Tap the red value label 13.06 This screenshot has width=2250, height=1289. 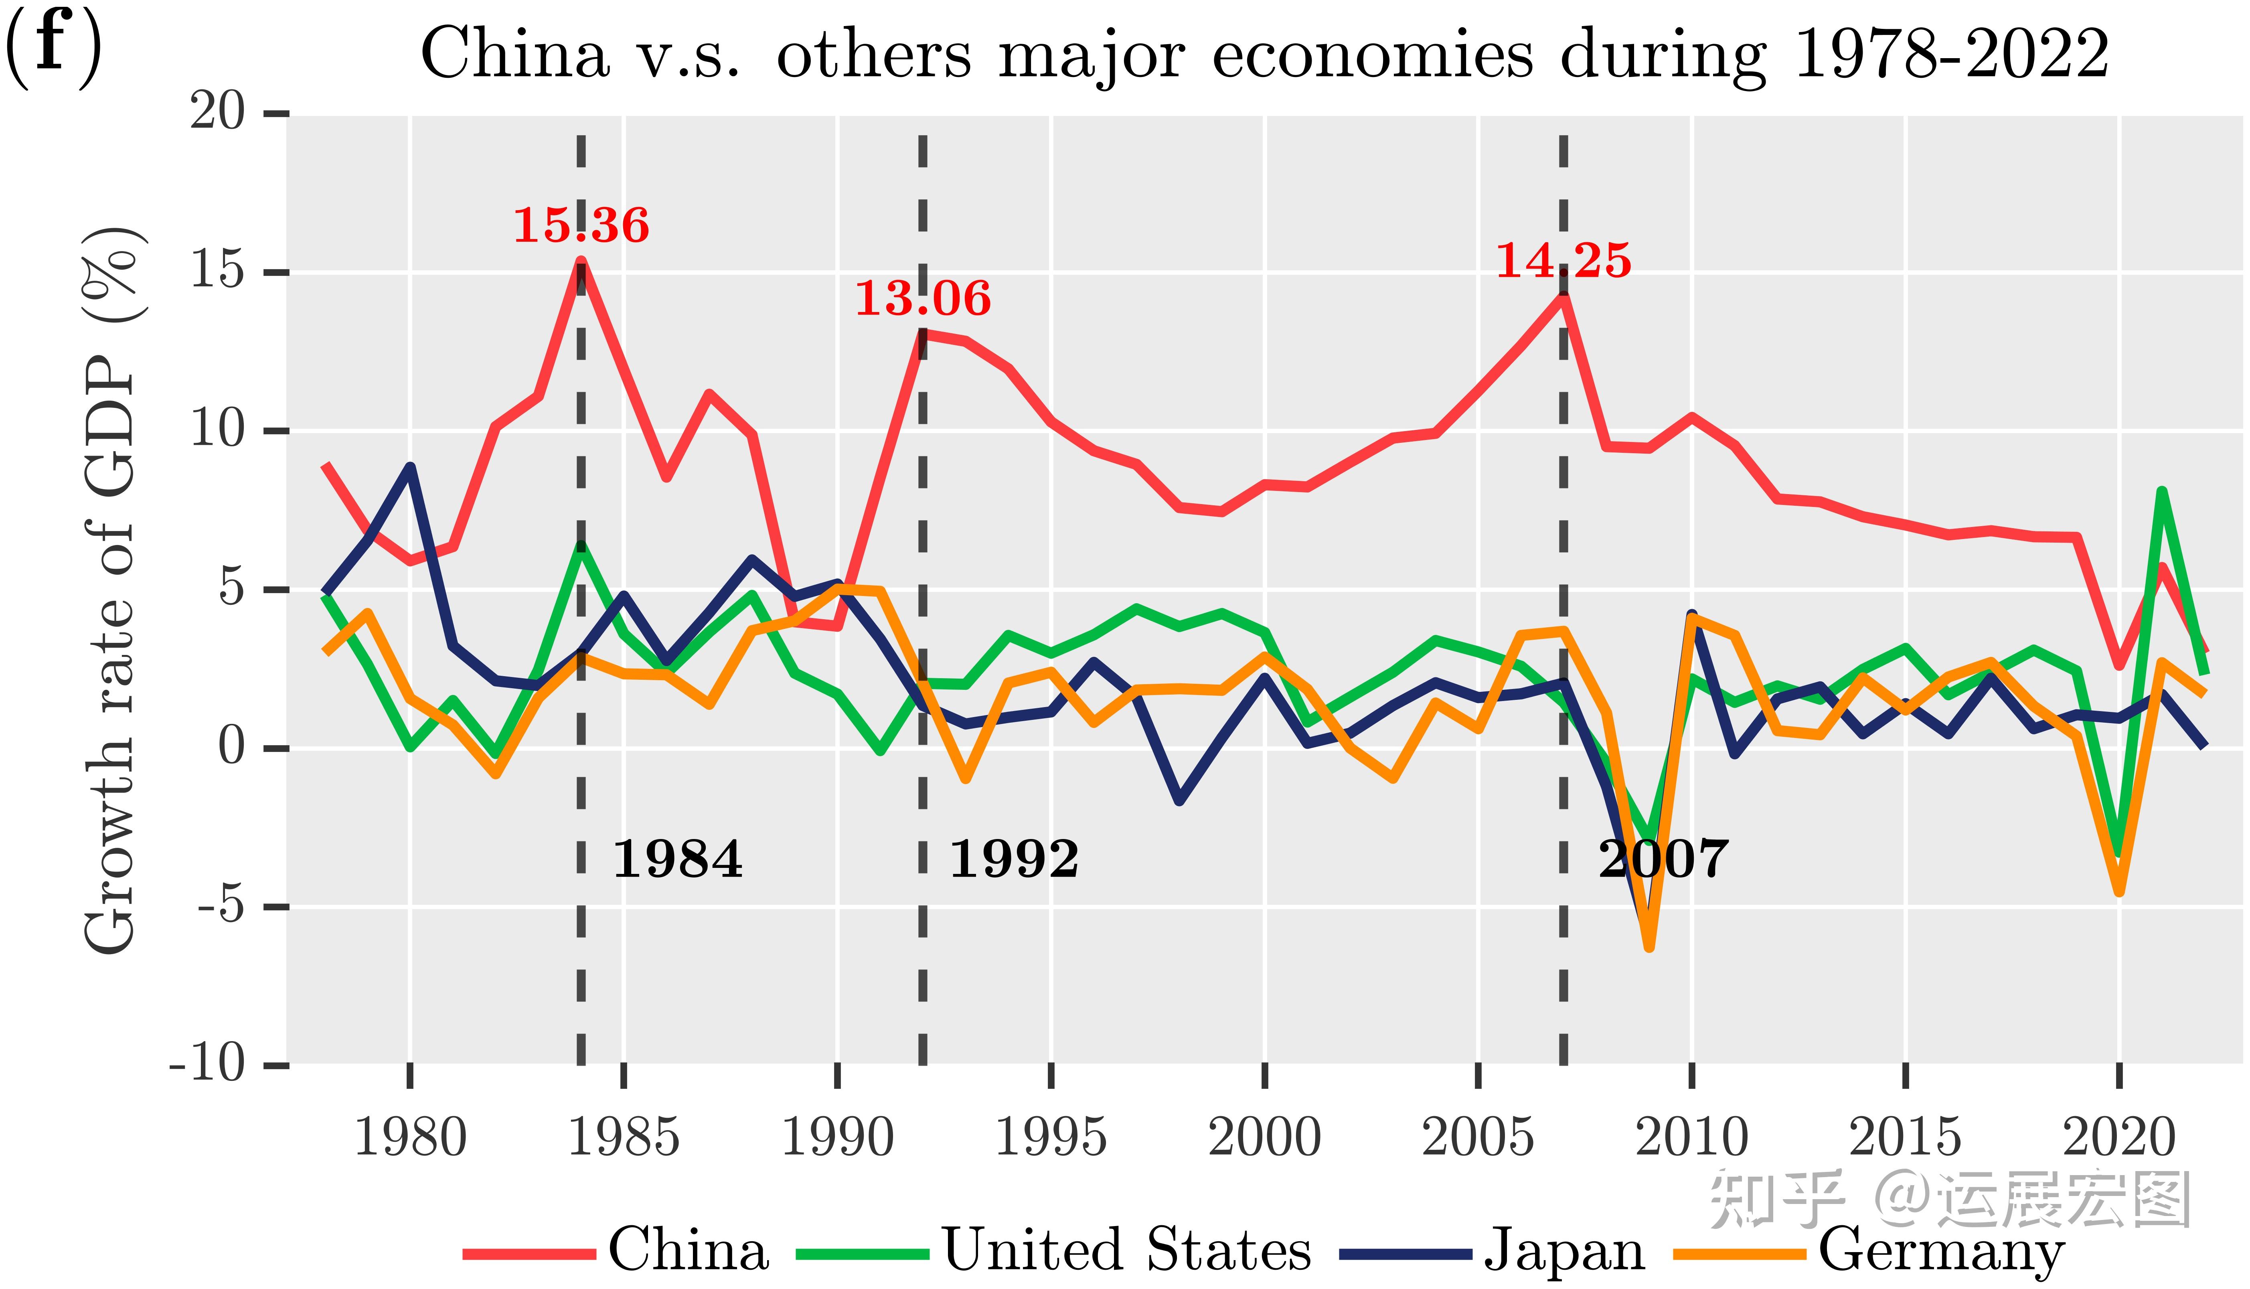point(922,298)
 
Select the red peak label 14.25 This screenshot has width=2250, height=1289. point(1563,261)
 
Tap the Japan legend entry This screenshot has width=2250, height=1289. point(1493,1251)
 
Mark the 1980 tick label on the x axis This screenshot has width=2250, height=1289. point(410,1138)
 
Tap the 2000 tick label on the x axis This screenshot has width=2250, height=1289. point(1265,1138)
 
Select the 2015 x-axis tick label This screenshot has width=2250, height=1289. point(1906,1138)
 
